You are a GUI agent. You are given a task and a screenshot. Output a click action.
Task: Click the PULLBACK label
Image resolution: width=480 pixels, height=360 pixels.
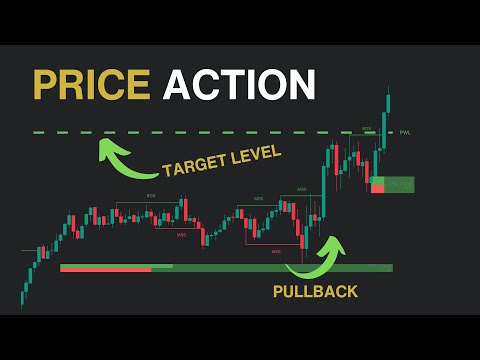click(315, 292)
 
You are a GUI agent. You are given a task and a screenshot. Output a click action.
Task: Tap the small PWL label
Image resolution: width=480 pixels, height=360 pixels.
click(405, 132)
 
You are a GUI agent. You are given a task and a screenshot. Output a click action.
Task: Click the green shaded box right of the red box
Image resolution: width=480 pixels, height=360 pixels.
click(398, 184)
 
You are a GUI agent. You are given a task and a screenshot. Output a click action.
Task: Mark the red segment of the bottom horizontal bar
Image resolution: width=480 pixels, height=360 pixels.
click(105, 269)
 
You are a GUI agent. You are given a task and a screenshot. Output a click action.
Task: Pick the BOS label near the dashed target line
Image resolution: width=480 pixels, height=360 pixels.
click(367, 128)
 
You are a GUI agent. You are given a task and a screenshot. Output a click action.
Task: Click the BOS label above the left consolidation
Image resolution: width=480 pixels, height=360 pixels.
click(151, 196)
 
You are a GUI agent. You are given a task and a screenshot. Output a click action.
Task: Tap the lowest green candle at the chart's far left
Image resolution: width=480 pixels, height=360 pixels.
click(23, 294)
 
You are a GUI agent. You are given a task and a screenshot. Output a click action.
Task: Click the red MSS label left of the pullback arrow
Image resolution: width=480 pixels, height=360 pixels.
click(276, 251)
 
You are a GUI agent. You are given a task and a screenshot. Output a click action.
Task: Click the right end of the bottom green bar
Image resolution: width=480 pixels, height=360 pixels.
click(391, 268)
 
